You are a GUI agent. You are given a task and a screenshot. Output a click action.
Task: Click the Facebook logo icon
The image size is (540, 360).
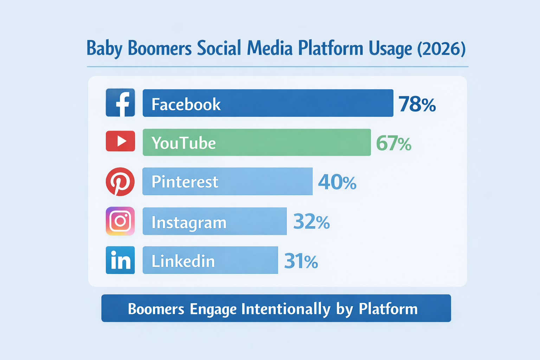[120, 103]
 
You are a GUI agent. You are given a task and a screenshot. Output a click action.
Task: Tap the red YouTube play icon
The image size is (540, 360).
[120, 141]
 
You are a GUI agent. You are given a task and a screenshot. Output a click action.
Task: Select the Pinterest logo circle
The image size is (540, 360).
[120, 181]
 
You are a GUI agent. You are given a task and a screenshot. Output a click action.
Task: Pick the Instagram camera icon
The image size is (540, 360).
[120, 221]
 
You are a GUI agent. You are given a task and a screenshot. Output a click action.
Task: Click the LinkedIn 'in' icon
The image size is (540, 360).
[120, 260]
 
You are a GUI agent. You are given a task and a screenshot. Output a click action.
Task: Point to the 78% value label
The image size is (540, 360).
[417, 104]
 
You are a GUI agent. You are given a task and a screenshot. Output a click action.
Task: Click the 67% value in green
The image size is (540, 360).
[393, 143]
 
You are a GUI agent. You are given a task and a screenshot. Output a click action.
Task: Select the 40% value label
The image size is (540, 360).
[337, 182]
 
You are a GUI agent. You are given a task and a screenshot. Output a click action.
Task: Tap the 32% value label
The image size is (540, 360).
[311, 222]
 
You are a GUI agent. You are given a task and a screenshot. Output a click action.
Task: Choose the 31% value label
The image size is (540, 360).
[301, 261]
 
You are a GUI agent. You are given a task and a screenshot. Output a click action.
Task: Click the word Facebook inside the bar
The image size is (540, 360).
[186, 104]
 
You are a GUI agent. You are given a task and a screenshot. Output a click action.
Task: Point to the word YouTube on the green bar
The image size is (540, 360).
[184, 143]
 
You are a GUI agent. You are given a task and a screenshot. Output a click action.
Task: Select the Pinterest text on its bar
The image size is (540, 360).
[185, 182]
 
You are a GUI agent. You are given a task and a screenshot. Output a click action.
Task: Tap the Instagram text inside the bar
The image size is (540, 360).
[189, 223]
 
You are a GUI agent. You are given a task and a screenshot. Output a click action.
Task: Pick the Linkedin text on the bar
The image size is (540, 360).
[183, 261]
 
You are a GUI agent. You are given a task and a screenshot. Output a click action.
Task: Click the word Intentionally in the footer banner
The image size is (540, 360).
[286, 309]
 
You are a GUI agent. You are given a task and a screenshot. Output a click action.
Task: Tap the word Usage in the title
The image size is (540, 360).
[390, 49]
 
